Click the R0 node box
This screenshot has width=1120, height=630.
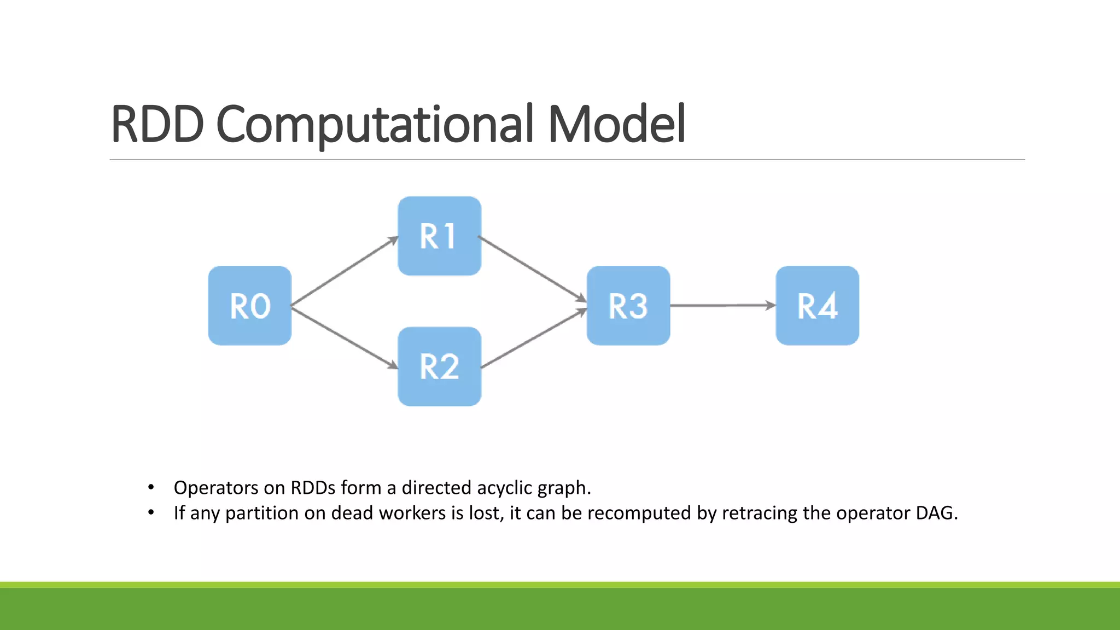(250, 306)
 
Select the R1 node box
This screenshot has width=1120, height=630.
(439, 236)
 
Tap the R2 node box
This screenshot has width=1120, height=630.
(439, 366)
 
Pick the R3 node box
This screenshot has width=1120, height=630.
(628, 306)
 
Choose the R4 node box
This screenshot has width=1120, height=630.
(817, 306)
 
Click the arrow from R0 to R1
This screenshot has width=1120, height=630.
(345, 271)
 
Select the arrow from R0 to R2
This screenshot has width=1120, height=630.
(345, 338)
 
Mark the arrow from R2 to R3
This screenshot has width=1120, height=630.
(533, 339)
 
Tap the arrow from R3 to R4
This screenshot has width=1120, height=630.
(722, 306)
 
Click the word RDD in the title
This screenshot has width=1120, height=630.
(157, 125)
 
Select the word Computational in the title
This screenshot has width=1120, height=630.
(375, 125)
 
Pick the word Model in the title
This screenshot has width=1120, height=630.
(617, 125)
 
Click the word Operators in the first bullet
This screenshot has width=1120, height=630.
(216, 488)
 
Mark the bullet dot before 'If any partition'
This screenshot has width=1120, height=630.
(151, 513)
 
